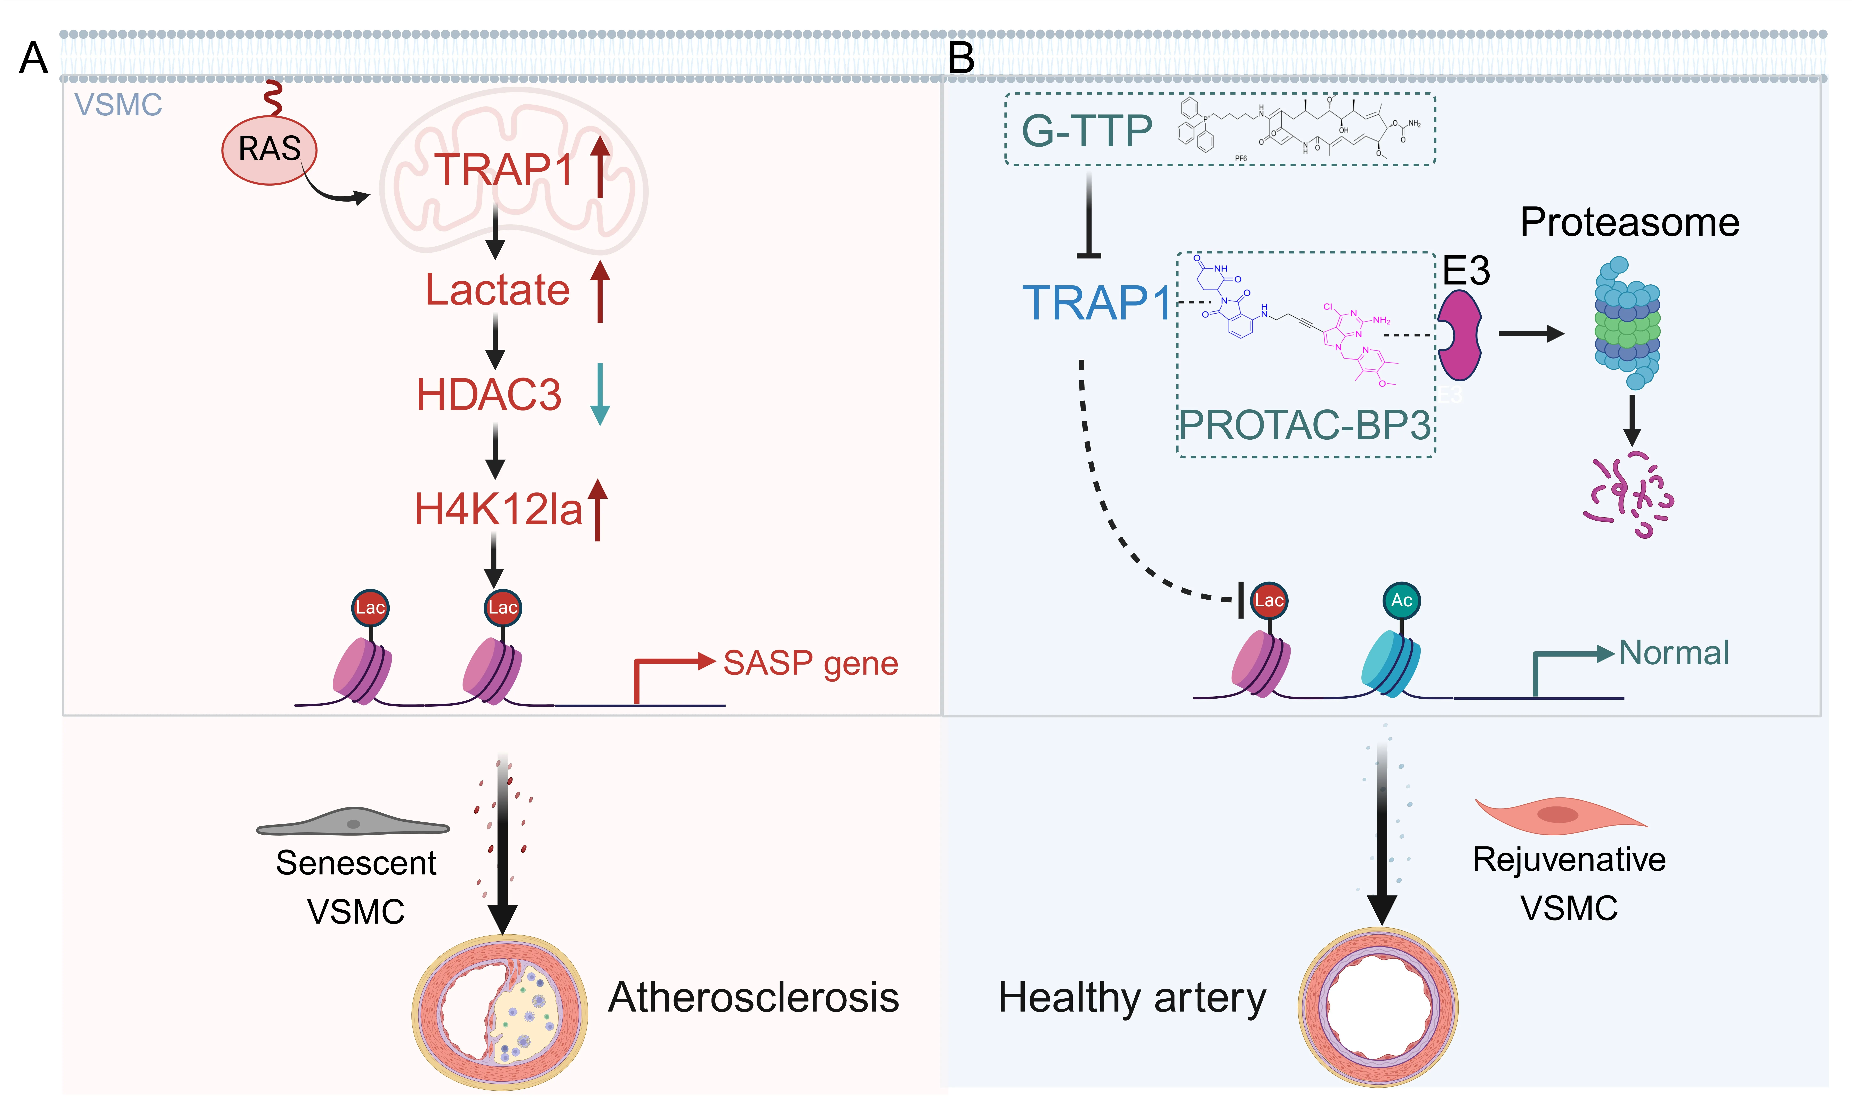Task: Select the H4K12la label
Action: click(498, 510)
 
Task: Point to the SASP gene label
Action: click(810, 663)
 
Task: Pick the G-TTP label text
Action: click(1087, 131)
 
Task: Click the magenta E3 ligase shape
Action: click(1459, 335)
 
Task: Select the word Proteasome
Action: click(1629, 223)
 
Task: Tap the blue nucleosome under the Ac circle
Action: click(1390, 664)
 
